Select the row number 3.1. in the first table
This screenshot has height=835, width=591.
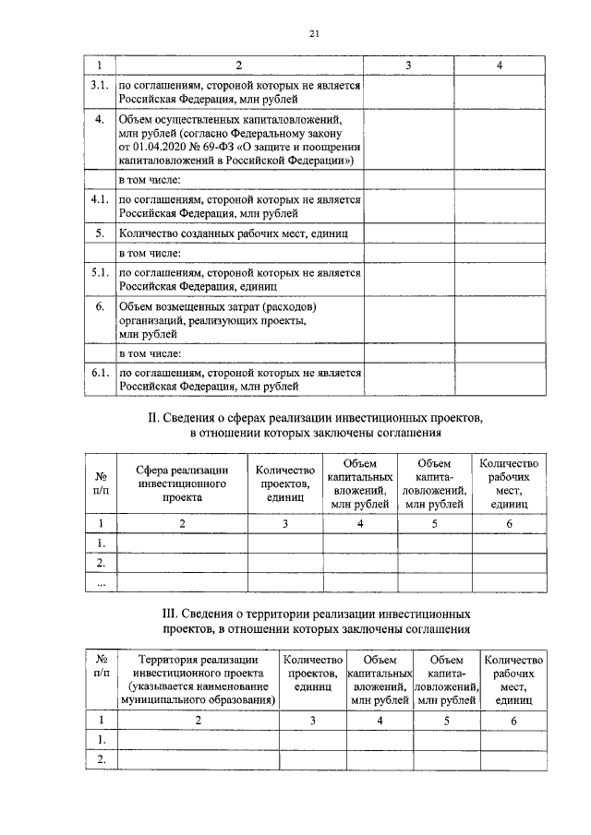[100, 85]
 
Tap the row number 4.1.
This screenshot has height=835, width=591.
[100, 199]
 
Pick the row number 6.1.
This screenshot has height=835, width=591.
[100, 372]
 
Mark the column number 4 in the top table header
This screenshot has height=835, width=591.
[499, 66]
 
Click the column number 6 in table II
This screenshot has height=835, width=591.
[509, 523]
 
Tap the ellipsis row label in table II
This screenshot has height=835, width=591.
[101, 582]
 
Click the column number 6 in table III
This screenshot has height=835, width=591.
[513, 720]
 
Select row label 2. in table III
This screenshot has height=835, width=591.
[100, 759]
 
